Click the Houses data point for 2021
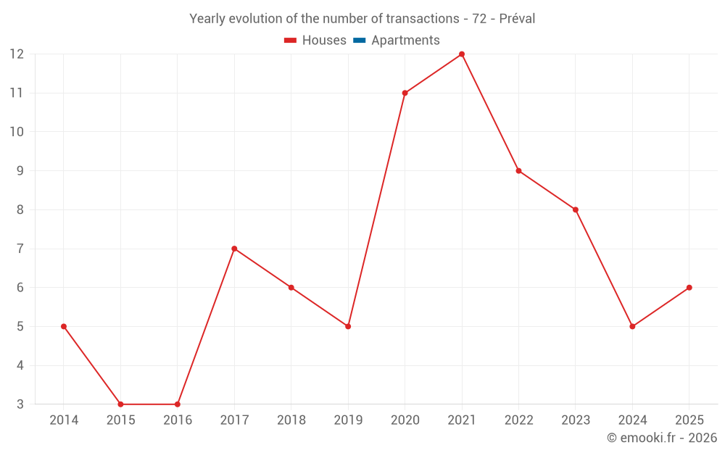(462, 54)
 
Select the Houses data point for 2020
(405, 93)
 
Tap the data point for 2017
(234, 249)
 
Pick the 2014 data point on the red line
(64, 326)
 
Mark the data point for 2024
(632, 326)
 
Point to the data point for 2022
(518, 171)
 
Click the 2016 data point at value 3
(178, 404)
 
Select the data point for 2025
(689, 288)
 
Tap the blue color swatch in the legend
(359, 41)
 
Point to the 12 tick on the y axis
(17, 54)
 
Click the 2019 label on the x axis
(348, 420)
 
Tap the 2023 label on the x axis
(575, 420)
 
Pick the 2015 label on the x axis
(120, 420)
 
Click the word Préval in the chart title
(517, 19)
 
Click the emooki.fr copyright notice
(661, 438)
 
